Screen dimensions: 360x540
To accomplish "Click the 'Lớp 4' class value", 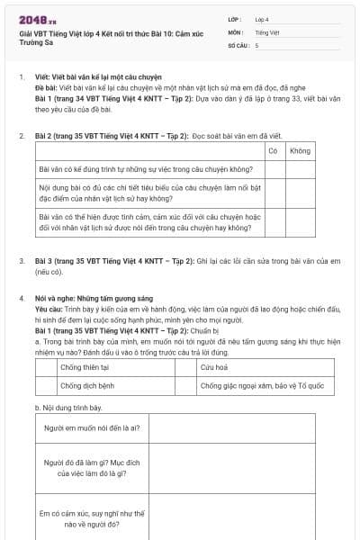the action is [262, 19].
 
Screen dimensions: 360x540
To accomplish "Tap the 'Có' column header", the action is [273, 150].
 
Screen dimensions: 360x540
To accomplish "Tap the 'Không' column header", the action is [300, 150].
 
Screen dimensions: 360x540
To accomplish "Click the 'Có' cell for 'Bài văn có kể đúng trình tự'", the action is [273, 168].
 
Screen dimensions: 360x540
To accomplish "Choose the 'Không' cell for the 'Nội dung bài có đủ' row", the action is [300, 193].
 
